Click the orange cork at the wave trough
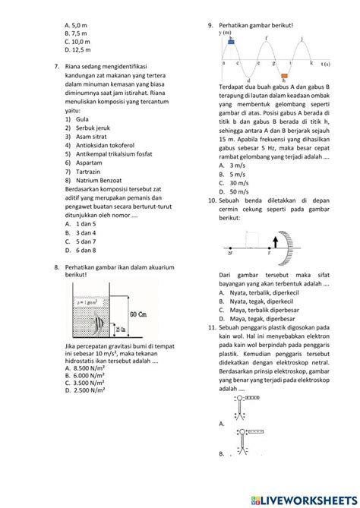284,76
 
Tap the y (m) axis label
225,33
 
